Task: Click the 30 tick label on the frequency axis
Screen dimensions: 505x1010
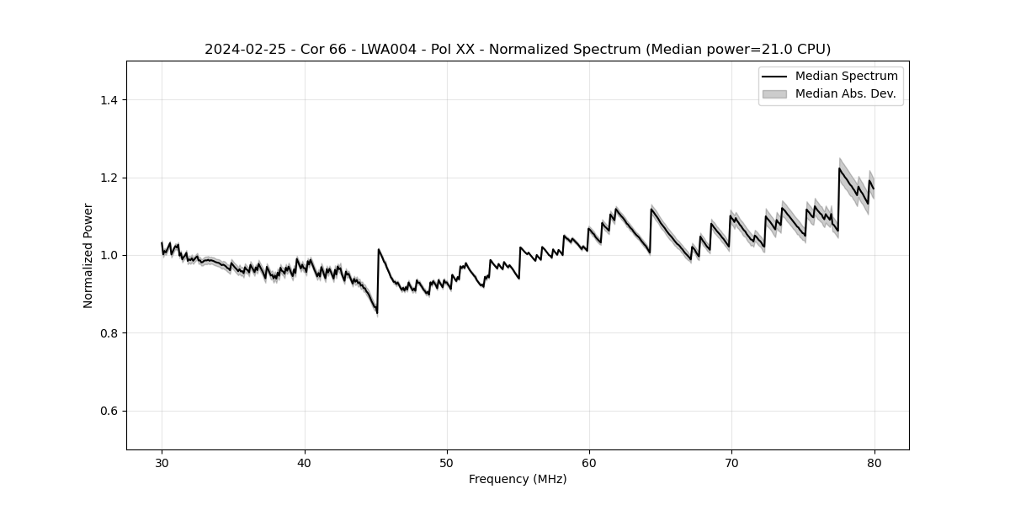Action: [162, 462]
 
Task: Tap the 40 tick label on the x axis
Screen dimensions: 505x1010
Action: [305, 462]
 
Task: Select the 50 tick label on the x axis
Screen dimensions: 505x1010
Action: [447, 462]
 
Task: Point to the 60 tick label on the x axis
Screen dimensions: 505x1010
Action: [589, 462]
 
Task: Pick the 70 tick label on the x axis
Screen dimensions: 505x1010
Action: [731, 462]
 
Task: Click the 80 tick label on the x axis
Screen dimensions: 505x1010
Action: [874, 462]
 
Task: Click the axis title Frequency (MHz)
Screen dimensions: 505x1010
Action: [518, 479]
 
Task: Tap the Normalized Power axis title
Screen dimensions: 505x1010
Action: [88, 255]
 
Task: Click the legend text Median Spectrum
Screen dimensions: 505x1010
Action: [846, 77]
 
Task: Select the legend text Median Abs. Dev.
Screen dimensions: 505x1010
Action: [845, 93]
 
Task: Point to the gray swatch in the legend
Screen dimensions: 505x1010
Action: [774, 93]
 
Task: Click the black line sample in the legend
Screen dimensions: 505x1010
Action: [774, 77]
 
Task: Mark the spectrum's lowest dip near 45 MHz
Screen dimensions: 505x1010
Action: [376, 313]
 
